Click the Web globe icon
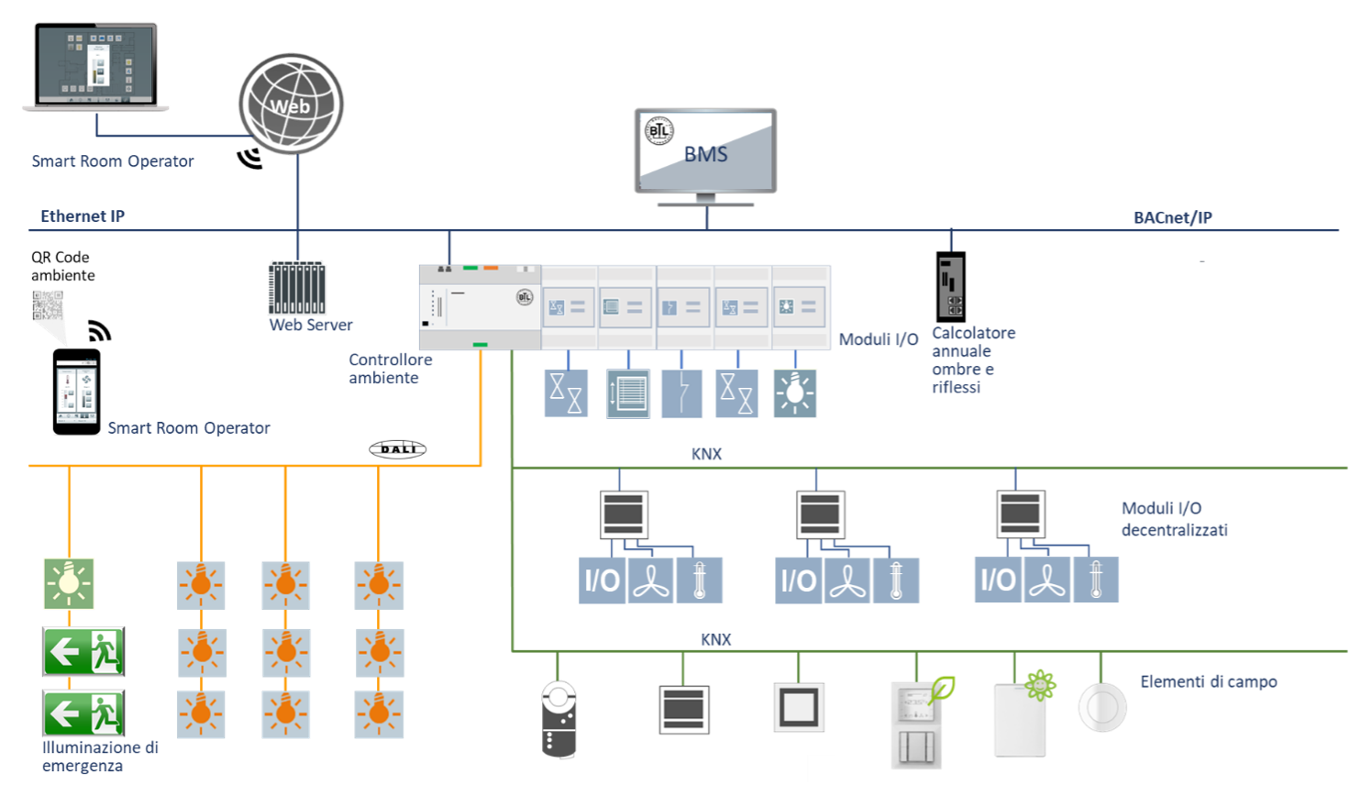291,104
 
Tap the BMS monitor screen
705,150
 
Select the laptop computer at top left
96,67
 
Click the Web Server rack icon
297,288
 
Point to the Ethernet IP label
83,216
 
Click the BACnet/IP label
1172,217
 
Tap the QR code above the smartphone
48,305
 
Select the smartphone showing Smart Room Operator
77,392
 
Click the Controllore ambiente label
390,369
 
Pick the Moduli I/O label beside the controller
878,339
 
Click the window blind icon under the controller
628,393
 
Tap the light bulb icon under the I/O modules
794,393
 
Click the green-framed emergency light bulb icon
69,583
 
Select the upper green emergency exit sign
83,651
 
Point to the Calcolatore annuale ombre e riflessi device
951,287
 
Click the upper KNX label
706,453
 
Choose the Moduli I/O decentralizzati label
1174,519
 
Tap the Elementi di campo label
1208,681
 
